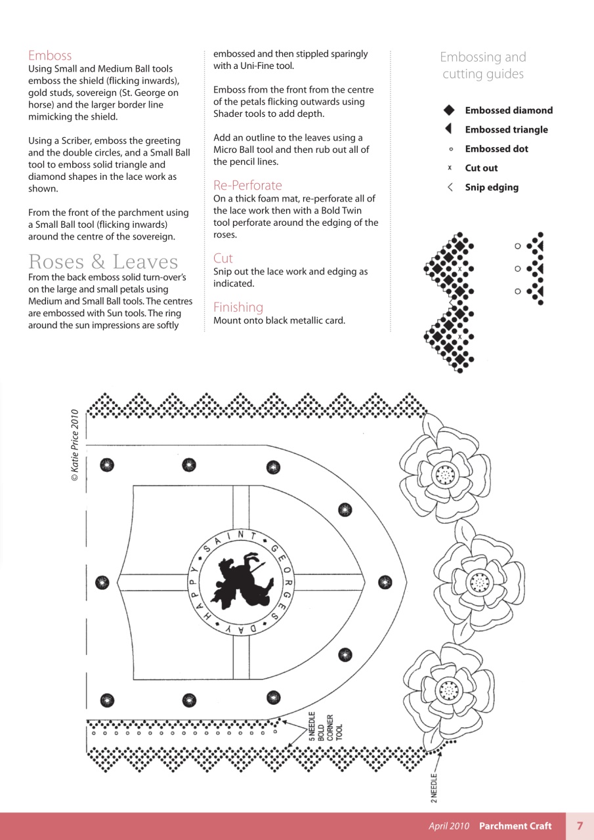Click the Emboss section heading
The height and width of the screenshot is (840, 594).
[50, 56]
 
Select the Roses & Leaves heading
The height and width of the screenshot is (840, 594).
[103, 262]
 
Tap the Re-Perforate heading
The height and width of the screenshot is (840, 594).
[247, 185]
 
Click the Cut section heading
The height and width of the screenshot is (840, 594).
[223, 259]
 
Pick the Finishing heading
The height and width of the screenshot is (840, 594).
[238, 307]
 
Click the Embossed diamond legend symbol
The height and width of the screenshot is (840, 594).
[449, 110]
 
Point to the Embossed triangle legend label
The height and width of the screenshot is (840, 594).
[506, 130]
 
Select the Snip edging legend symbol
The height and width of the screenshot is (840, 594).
[450, 188]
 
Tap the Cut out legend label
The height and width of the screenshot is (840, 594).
[481, 168]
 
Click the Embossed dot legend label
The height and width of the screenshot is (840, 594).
[496, 149]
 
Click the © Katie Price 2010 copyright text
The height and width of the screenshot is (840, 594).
[75, 446]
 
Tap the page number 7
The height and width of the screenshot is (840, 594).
[580, 826]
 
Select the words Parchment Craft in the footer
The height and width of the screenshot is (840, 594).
[515, 826]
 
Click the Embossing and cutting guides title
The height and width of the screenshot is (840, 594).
[483, 66]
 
